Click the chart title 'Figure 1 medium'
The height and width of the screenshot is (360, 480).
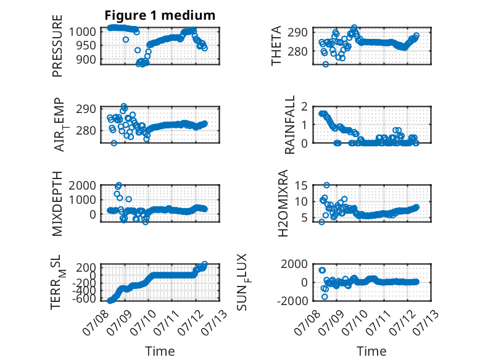click(x=160, y=15)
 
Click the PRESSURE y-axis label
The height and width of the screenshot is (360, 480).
click(x=57, y=46)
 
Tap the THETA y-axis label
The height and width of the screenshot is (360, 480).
click(x=276, y=46)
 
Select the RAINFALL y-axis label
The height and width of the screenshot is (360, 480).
click(x=289, y=124)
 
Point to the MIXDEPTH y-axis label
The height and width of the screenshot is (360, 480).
click(x=57, y=204)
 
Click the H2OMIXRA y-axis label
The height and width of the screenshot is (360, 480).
click(x=283, y=203)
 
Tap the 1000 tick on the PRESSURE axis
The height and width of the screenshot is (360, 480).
click(x=82, y=31)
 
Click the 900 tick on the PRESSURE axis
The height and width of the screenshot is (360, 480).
click(x=86, y=60)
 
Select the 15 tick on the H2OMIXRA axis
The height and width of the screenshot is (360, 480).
click(x=301, y=185)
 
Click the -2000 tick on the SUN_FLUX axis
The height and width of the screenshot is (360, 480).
click(x=292, y=301)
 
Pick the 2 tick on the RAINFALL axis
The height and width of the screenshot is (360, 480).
click(x=304, y=107)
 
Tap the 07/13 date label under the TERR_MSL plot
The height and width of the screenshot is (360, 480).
click(x=217, y=320)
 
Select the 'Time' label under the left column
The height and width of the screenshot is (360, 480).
click(x=160, y=351)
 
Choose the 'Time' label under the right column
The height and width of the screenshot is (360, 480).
click(x=371, y=351)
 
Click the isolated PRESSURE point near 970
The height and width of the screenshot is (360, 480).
click(x=126, y=40)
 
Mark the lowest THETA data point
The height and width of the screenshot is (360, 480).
click(x=326, y=64)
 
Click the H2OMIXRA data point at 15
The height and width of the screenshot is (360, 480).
click(x=326, y=185)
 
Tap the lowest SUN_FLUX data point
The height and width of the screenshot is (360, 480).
click(x=325, y=296)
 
